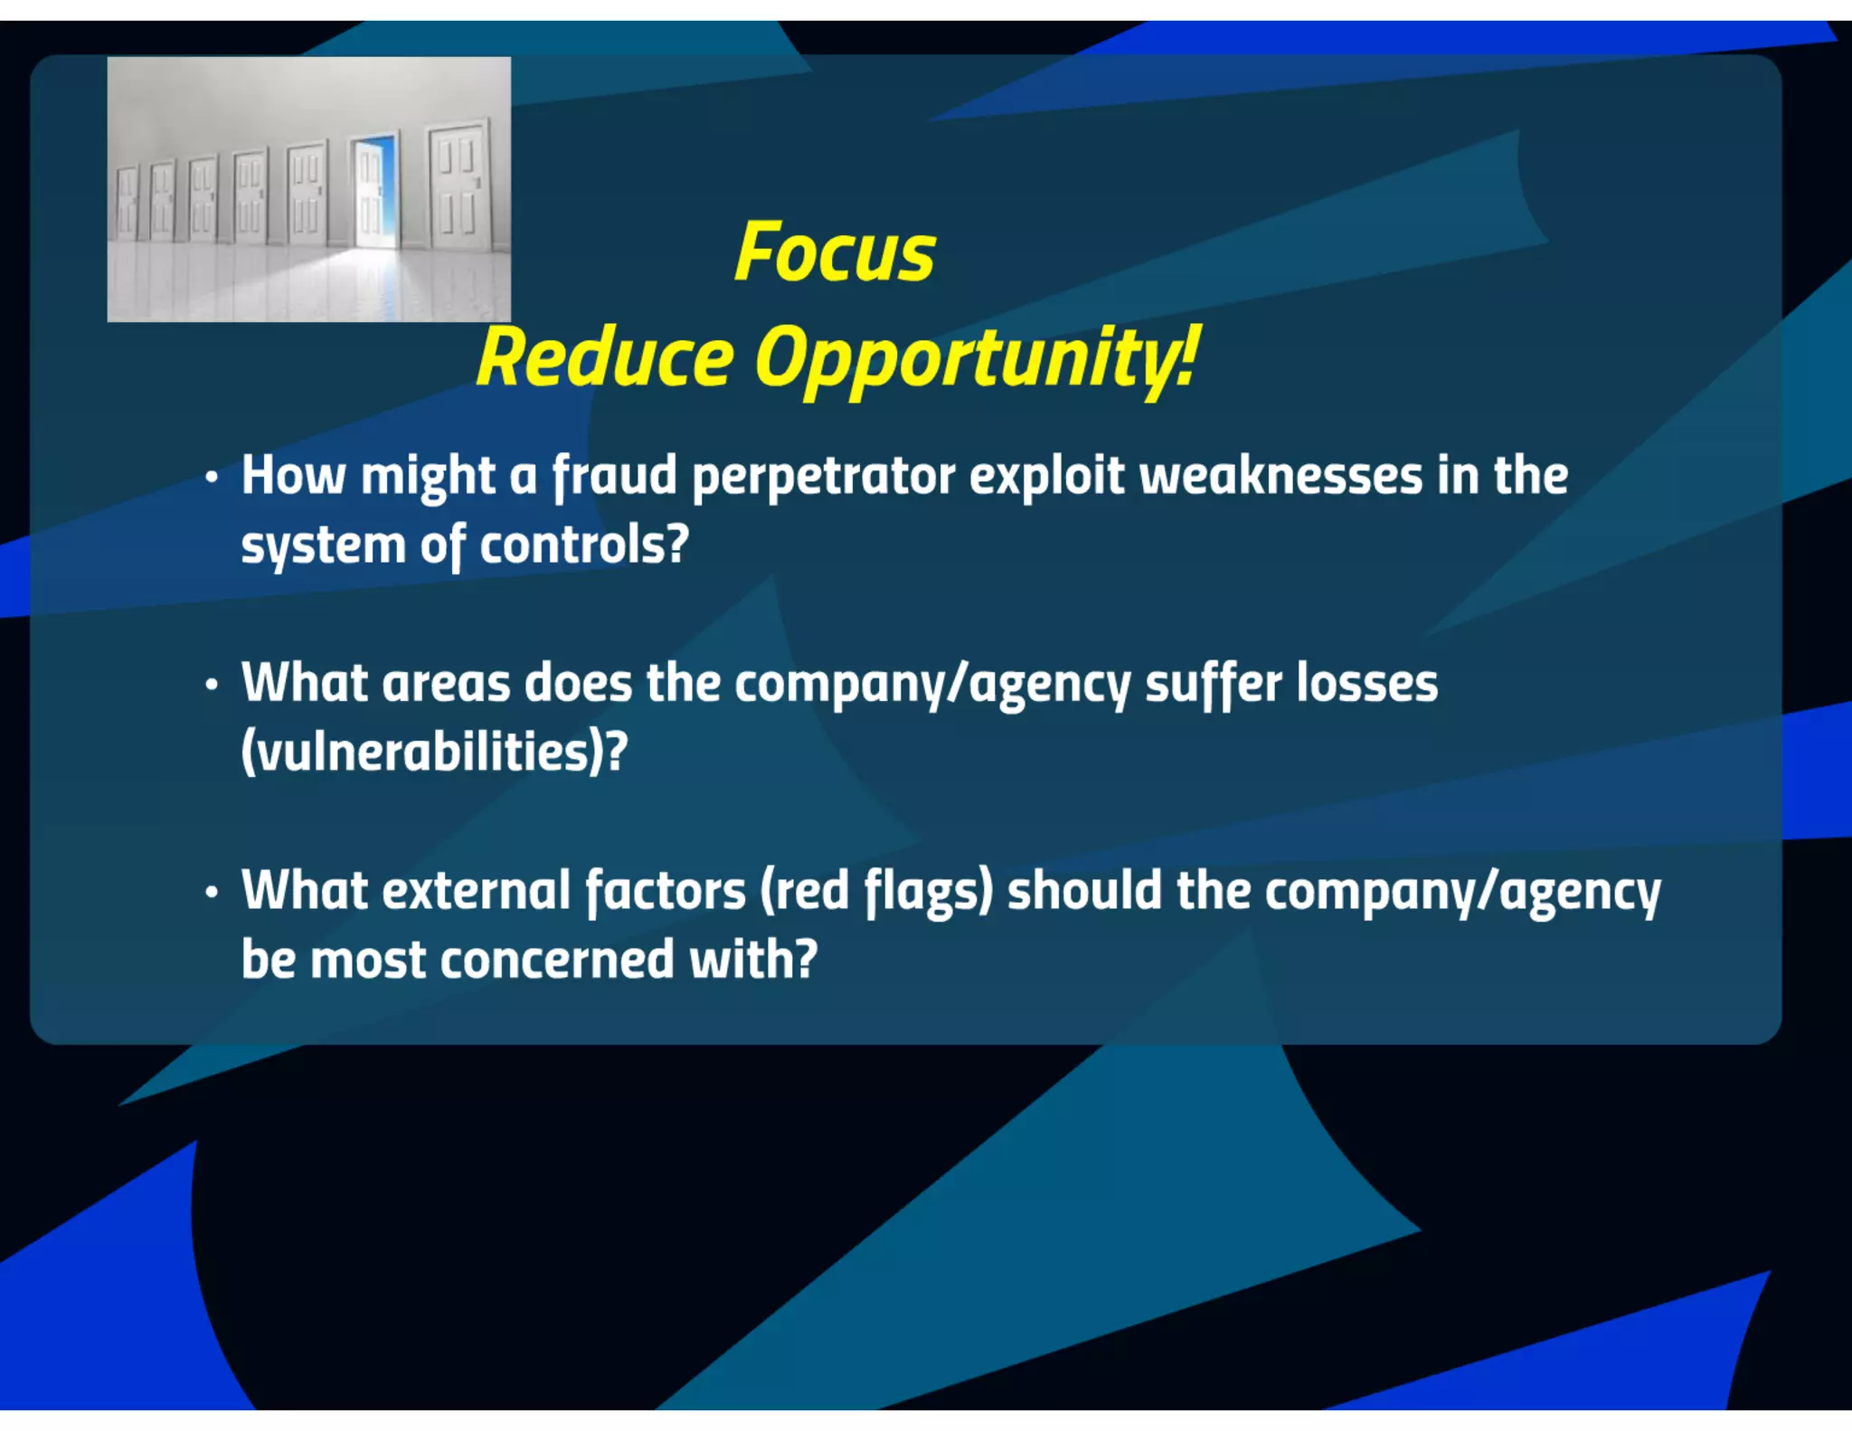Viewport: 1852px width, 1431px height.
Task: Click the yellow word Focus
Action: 835,252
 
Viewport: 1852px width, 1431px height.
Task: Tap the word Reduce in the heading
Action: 605,357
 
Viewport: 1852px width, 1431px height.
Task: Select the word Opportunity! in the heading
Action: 978,359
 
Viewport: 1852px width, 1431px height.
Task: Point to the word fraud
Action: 615,476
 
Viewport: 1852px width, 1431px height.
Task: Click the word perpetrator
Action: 823,478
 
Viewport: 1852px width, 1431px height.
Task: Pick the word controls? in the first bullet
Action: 584,545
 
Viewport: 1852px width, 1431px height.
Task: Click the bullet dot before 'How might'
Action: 212,477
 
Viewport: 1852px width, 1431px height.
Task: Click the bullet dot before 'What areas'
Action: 212,684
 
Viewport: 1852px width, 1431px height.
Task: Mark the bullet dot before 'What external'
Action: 212,892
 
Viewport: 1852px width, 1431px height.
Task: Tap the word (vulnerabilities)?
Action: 434,752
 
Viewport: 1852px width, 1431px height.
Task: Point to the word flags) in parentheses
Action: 928,892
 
